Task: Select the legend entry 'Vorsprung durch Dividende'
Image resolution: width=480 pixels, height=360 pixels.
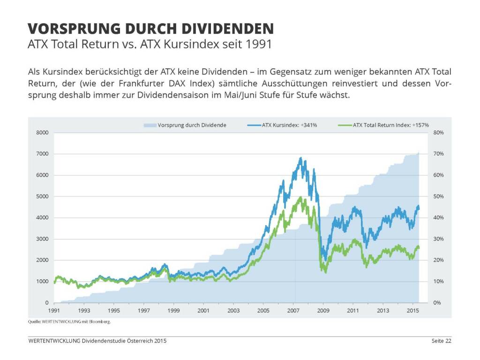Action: [x=192, y=125]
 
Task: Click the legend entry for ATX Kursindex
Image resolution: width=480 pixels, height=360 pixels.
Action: [x=289, y=125]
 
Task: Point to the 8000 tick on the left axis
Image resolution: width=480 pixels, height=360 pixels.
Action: [x=43, y=133]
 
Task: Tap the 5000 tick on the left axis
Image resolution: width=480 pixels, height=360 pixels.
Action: [x=43, y=196]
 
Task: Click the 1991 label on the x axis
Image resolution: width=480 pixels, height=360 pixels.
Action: [x=54, y=311]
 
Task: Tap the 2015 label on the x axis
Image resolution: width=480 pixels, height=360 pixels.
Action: [x=412, y=311]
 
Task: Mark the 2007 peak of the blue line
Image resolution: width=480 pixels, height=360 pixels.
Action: [x=300, y=158]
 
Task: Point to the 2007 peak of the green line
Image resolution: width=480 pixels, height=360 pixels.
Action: [x=300, y=197]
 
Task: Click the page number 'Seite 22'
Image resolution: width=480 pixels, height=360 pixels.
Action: [x=442, y=341]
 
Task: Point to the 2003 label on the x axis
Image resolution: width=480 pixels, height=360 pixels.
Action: [x=233, y=311]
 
